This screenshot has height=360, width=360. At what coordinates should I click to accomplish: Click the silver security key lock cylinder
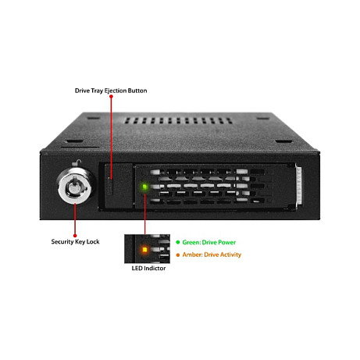pyautogui.click(x=76, y=186)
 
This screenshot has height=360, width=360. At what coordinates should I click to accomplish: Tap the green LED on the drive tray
pyautogui.click(x=144, y=187)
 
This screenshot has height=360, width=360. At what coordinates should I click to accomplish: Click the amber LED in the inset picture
pyautogui.click(x=144, y=250)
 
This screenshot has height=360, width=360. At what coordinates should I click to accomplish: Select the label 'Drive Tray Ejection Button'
pyautogui.click(x=111, y=91)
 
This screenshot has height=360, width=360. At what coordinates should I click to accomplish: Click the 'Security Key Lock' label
pyautogui.click(x=75, y=241)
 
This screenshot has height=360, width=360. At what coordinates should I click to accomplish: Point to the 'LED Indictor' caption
pyautogui.click(x=148, y=268)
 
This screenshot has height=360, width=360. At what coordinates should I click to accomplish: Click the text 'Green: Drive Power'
pyautogui.click(x=209, y=242)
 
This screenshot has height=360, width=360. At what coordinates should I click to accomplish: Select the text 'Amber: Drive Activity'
pyautogui.click(x=212, y=255)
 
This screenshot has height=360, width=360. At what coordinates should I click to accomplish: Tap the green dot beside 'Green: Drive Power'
pyautogui.click(x=178, y=242)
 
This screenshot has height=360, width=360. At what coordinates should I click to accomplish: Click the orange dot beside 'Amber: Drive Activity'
pyautogui.click(x=178, y=255)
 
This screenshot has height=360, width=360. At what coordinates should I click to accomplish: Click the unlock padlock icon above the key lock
pyautogui.click(x=77, y=163)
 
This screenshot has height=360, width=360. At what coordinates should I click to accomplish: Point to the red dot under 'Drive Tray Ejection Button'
pyautogui.click(x=111, y=96)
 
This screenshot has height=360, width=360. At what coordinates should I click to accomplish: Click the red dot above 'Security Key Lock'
pyautogui.click(x=75, y=236)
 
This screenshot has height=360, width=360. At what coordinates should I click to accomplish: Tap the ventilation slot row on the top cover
pyautogui.click(x=178, y=120)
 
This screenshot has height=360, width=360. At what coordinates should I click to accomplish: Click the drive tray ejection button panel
pyautogui.click(x=119, y=186)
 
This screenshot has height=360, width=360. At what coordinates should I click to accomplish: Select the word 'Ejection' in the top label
pyautogui.click(x=116, y=91)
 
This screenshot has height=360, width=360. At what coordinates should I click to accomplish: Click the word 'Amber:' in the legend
pyautogui.click(x=192, y=255)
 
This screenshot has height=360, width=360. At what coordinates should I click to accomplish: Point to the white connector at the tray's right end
pyautogui.click(x=298, y=186)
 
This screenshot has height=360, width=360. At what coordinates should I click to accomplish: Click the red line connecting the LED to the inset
pyautogui.click(x=145, y=213)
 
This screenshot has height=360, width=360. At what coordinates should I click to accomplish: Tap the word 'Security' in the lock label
pyautogui.click(x=62, y=241)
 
